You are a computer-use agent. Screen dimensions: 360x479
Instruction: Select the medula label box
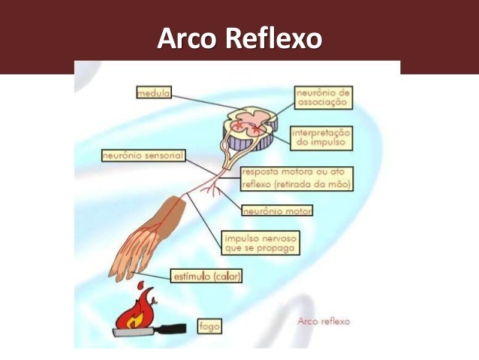tap(152, 93)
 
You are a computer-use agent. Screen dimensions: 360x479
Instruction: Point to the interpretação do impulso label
tap(321, 136)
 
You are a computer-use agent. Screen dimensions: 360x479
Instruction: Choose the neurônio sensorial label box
tap(143, 156)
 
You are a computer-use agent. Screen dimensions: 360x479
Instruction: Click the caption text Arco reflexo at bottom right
tap(324, 321)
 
